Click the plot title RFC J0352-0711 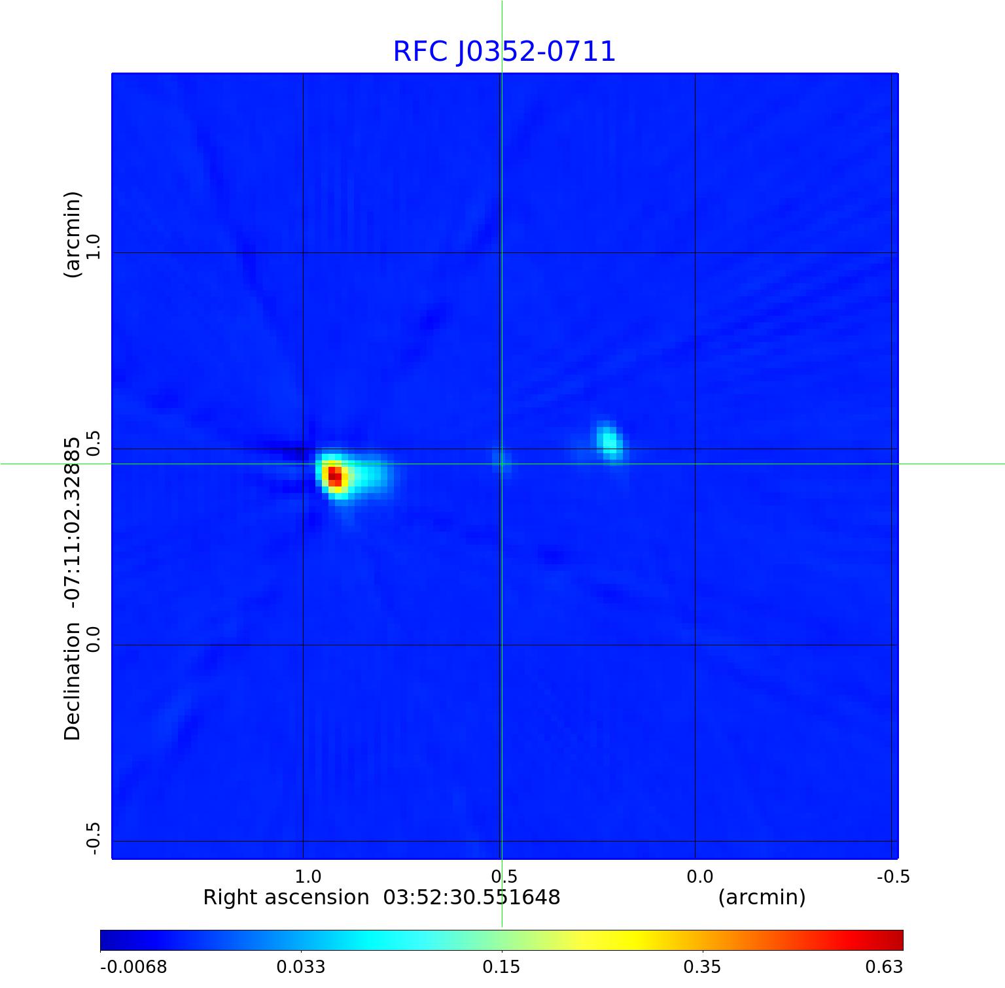(504, 52)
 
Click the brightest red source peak (334, 476)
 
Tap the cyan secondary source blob (609, 439)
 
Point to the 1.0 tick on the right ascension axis (308, 876)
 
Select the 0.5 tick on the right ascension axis (504, 876)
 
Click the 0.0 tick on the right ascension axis (699, 876)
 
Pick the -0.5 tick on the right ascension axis (893, 876)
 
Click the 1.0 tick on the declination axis (93, 247)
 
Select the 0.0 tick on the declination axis (93, 639)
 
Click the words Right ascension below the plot (286, 897)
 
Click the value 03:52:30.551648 (472, 897)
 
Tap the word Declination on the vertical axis (72, 681)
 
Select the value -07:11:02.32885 (72, 523)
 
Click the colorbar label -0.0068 (133, 966)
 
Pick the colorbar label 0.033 (301, 966)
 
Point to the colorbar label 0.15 (502, 966)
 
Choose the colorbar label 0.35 (702, 966)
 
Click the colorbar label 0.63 (884, 966)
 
